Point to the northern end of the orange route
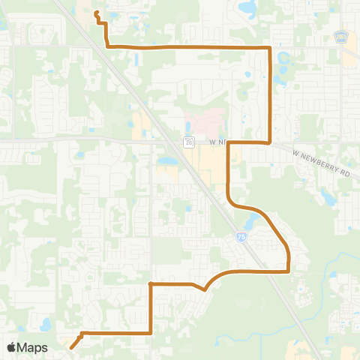coord(96,12)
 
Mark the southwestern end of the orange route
coord(71,347)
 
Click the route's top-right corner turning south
coord(269,48)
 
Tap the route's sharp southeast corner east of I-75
coord(289,271)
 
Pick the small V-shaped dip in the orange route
coord(204,289)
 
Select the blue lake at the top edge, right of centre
coord(245,8)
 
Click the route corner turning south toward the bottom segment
coord(151,284)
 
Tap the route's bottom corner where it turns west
coord(151,331)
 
